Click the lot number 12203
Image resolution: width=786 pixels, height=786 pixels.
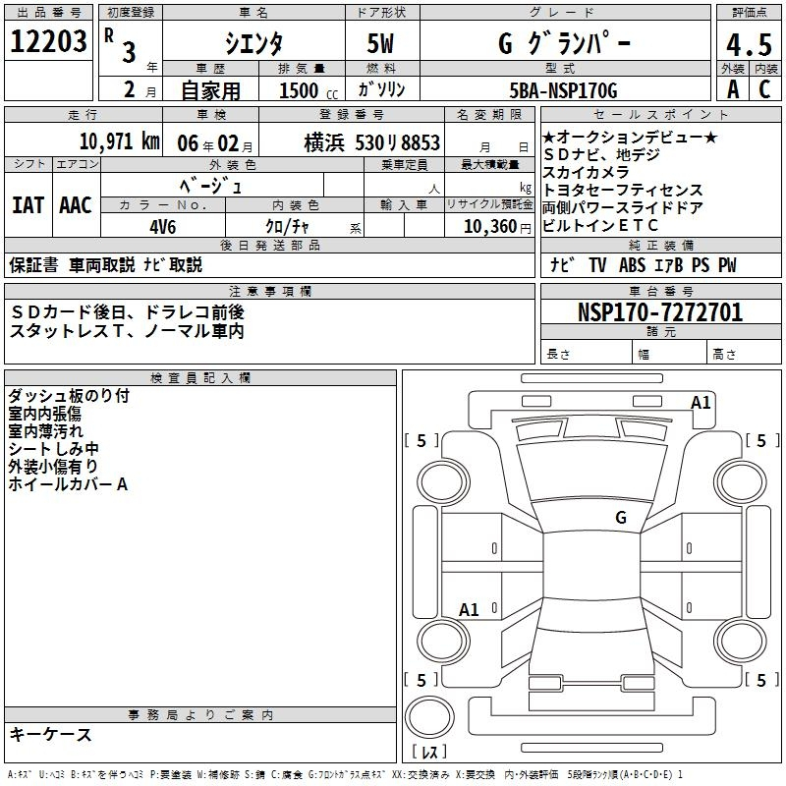(x=48, y=41)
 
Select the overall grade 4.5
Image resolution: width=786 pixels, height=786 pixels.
(x=749, y=44)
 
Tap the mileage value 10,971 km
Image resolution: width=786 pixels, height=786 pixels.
(x=120, y=141)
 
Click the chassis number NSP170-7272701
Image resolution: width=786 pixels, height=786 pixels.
(x=660, y=312)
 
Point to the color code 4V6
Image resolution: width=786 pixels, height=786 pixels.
(x=163, y=227)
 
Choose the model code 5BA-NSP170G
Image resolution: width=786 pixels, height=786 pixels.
(x=563, y=90)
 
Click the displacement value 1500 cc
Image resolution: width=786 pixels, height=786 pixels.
(x=309, y=90)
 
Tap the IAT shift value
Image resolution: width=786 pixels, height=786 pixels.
(x=28, y=205)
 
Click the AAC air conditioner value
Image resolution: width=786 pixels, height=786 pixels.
(x=76, y=205)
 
